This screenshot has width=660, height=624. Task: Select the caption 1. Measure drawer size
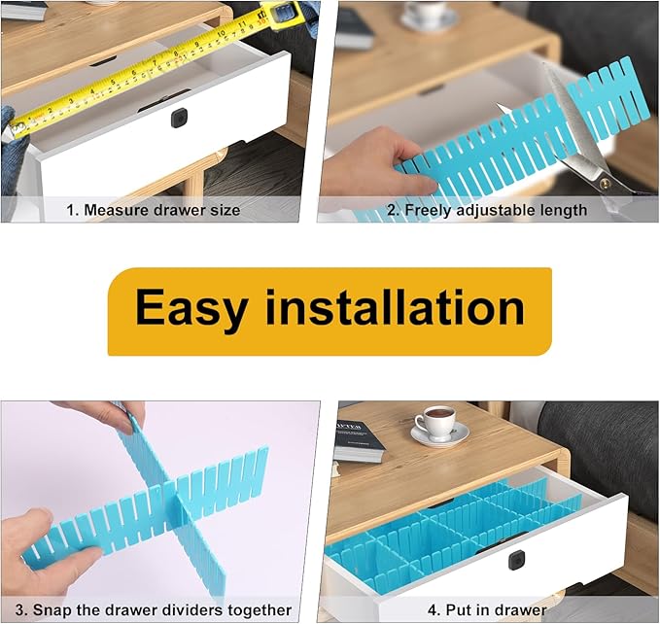click(x=153, y=210)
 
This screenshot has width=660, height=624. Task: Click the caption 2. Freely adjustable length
click(x=496, y=210)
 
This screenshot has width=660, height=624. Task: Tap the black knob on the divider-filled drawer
click(x=516, y=559)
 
